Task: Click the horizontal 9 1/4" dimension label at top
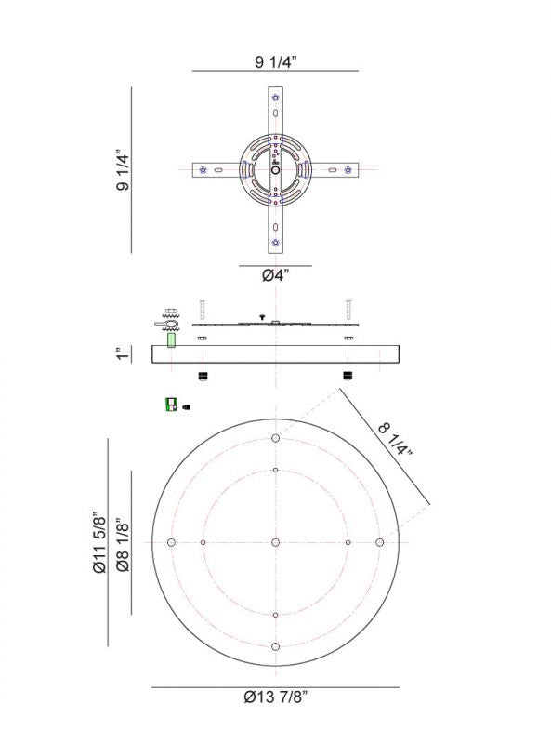(275, 62)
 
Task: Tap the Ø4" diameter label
(276, 276)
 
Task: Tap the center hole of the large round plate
(276, 542)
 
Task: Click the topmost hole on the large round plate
(276, 438)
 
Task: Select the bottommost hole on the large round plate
(276, 646)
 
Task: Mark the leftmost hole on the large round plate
(171, 542)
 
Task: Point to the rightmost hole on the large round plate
(380, 542)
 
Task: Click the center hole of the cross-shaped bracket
(275, 170)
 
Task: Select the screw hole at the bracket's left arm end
(203, 170)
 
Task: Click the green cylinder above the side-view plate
(171, 340)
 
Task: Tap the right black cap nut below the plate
(348, 377)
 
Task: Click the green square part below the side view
(170, 405)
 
